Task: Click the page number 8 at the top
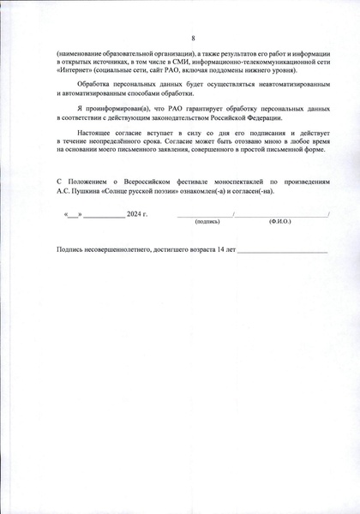(193, 38)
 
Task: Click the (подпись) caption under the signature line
(207, 221)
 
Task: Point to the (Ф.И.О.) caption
(281, 221)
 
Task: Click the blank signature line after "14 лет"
(283, 251)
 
